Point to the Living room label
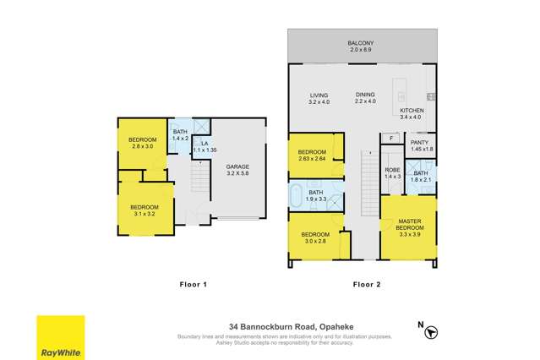point(318,99)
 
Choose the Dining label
point(365,99)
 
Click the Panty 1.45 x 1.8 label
point(420,145)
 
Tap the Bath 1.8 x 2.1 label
point(420,176)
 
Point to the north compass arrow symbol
point(432,332)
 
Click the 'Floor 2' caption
point(367,285)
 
